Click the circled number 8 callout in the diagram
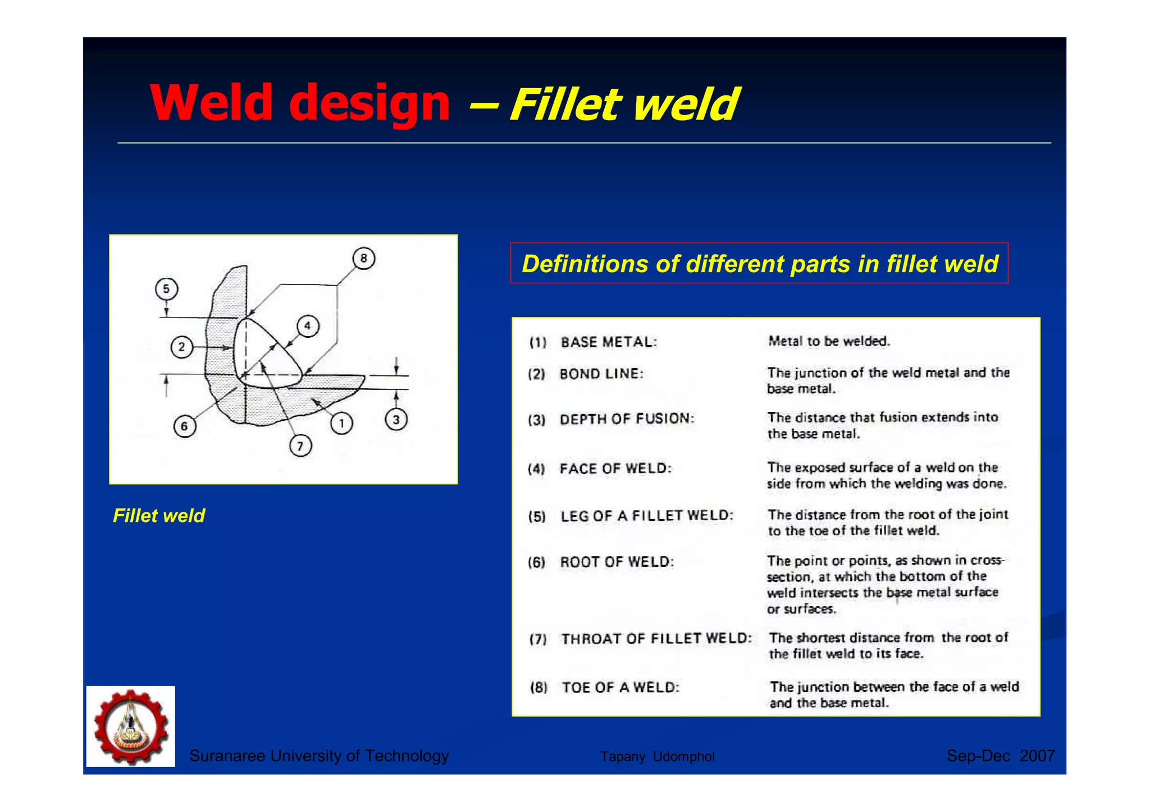coord(363,258)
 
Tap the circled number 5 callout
coord(166,289)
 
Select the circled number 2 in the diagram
coord(181,347)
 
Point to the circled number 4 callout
coord(307,326)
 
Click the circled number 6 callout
coord(184,426)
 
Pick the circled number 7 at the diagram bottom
coord(300,446)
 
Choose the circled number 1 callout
coord(341,423)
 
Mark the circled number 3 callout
coord(396,420)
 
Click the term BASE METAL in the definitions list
coord(609,342)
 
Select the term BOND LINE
coord(601,374)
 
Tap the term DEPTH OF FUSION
coord(627,419)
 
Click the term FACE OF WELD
coord(615,469)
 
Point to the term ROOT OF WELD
coord(617,562)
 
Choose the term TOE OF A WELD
coord(620,687)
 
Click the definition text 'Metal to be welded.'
coord(829,341)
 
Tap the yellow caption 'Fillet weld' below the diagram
coord(159,516)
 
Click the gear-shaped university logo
coord(131,726)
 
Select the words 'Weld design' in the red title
coord(300,103)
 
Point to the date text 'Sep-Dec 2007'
coord(1000,756)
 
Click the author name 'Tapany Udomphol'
coord(657,756)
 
